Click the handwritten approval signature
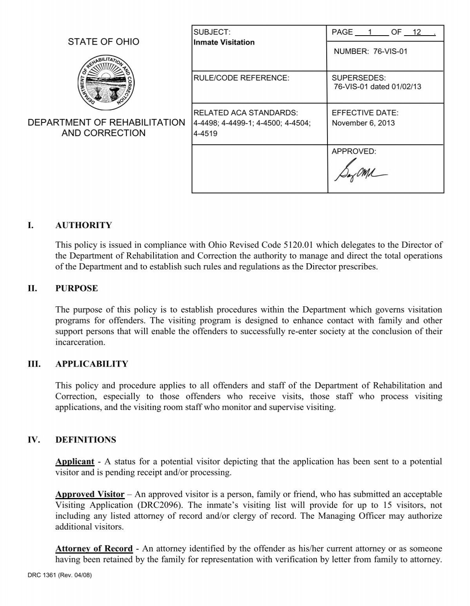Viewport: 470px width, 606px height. pyautogui.click(x=360, y=172)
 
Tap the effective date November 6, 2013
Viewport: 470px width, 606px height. pyautogui.click(x=358, y=123)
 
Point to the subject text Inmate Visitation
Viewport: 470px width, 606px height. pyautogui.click(x=224, y=42)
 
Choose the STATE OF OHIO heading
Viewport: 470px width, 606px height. pyautogui.click(x=103, y=42)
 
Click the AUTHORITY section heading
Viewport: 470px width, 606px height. pyautogui.click(x=83, y=225)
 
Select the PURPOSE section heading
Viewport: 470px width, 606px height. pyautogui.click(x=77, y=288)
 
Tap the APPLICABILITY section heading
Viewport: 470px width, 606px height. pyautogui.click(x=92, y=364)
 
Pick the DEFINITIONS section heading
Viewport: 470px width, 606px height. pyautogui.click(x=86, y=440)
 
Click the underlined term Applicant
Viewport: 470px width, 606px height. pyautogui.click(x=75, y=462)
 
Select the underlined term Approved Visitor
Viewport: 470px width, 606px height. pyautogui.click(x=90, y=494)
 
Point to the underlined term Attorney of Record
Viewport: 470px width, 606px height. pyautogui.click(x=94, y=548)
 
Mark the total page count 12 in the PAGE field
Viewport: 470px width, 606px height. pyautogui.click(x=416, y=32)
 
